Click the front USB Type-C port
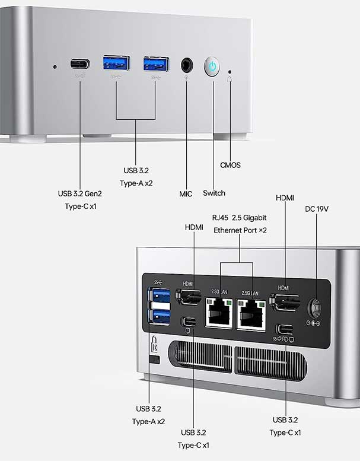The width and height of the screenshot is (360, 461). (81, 63)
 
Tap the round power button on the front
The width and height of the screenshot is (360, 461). (212, 66)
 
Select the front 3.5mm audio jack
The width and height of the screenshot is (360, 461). (188, 64)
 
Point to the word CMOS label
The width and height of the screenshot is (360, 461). (230, 165)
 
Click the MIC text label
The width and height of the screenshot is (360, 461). (186, 193)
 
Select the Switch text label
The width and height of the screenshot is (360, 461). (214, 193)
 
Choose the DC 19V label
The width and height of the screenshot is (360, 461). (317, 209)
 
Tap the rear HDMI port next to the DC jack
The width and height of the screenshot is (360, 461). (285, 302)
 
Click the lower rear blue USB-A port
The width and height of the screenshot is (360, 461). (160, 316)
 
